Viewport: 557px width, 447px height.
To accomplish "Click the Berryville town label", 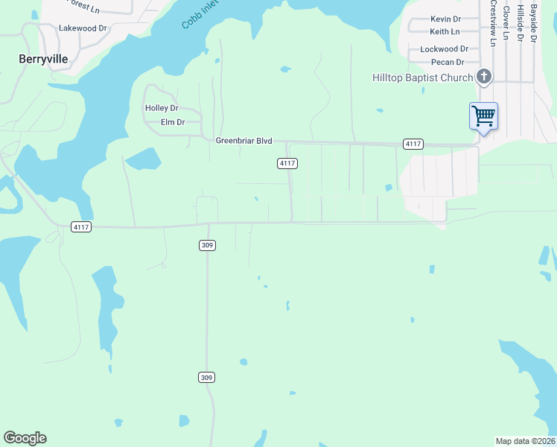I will pos(42,58).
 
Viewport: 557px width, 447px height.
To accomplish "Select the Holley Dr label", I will pos(162,108).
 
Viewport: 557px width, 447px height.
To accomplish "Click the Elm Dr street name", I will pos(172,122).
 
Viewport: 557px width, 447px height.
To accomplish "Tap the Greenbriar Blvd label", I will pos(244,141).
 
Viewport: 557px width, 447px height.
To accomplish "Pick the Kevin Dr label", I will pos(445,19).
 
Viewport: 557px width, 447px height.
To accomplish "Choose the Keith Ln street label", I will pos(445,32).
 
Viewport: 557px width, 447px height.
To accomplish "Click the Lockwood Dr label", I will pos(444,49).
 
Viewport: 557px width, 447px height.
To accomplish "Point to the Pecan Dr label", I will pos(448,63).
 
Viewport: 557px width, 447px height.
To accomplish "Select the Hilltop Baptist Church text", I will pos(423,78).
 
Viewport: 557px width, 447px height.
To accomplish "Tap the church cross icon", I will pos(484,77).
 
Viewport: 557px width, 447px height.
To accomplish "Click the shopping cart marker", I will pos(483,116).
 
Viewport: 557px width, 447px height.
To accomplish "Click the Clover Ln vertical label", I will pos(506,22).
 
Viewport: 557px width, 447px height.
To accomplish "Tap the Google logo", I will pos(25,438).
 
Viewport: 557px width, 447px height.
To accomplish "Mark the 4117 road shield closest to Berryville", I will pos(81,227).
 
